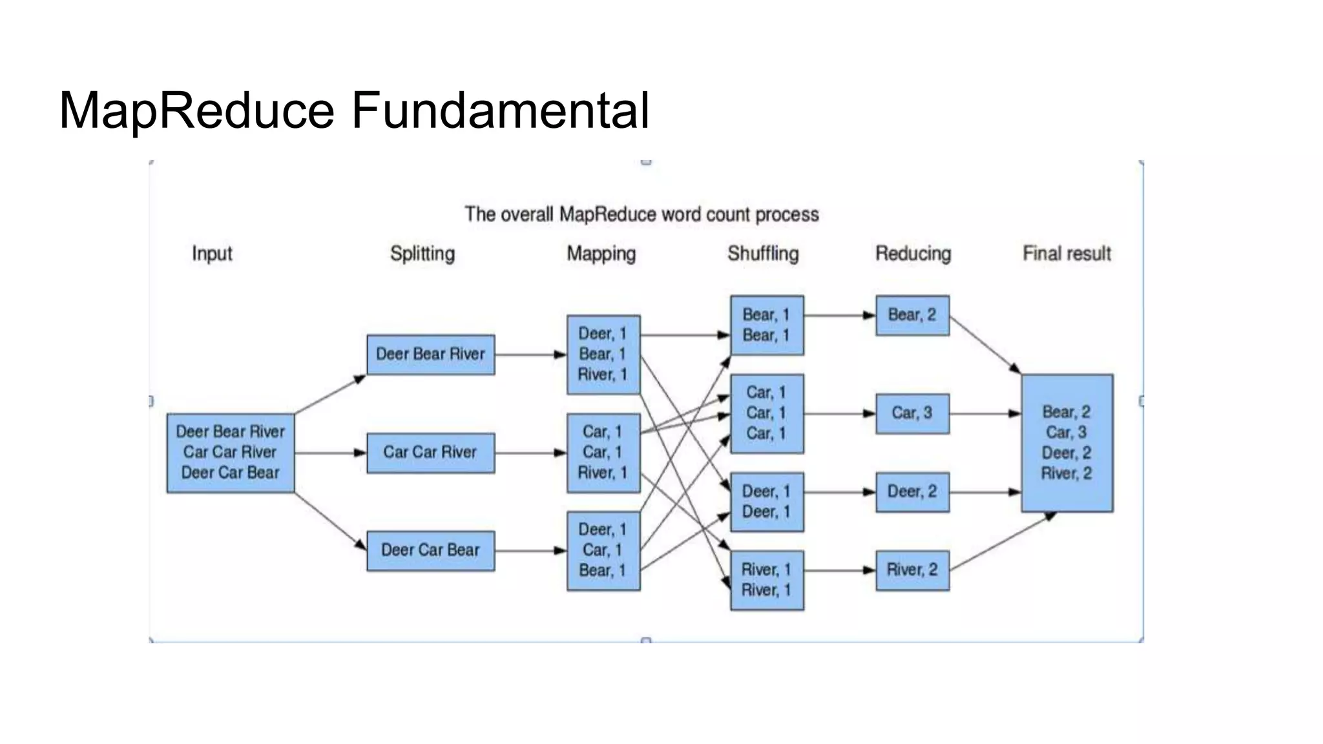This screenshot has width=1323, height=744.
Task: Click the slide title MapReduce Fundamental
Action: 354,110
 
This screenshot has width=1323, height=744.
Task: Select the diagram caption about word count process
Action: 641,214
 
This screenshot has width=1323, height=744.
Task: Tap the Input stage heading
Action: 212,253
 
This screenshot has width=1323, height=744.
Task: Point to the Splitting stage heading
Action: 422,253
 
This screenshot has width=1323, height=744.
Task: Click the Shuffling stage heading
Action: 763,253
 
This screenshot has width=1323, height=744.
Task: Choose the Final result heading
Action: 1067,253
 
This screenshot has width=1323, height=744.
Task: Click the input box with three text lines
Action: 231,453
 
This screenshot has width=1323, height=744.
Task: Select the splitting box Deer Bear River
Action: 430,355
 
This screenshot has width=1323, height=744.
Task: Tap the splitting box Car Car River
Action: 430,453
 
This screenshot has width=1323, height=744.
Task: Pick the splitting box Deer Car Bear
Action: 430,551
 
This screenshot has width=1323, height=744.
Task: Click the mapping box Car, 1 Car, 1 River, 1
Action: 603,453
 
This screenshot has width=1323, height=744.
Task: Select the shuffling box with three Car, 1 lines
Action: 767,413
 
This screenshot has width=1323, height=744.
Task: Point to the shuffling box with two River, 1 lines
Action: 767,580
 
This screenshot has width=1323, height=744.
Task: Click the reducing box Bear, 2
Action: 912,315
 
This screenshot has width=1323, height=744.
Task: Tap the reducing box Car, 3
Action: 912,413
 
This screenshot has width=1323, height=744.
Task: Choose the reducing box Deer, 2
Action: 912,492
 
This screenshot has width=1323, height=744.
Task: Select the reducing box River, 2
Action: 912,570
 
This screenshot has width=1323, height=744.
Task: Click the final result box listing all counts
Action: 1067,443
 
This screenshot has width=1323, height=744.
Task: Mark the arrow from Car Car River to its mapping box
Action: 530,453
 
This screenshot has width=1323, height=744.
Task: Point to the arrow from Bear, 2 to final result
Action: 985,345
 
